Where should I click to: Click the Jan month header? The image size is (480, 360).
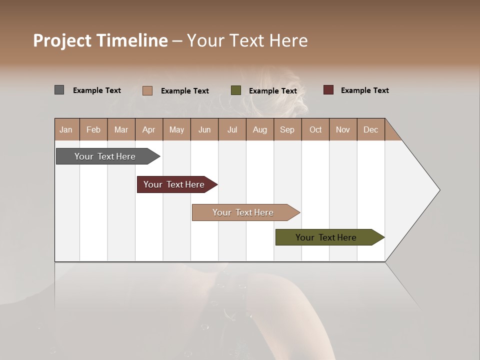66,129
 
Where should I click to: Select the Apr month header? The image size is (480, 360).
149,129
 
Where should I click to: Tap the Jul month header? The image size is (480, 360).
232,129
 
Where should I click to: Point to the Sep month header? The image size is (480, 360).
287,129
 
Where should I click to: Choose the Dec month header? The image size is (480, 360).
370,129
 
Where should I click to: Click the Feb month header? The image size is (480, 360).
93,129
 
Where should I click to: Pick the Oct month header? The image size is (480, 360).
315,129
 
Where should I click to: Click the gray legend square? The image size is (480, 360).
59,90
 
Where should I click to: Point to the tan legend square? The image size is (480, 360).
147,90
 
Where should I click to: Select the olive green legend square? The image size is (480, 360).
236,90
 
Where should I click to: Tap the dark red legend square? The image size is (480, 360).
328,90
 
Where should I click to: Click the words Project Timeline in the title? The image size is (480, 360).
100,40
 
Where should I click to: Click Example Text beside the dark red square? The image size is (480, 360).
364,90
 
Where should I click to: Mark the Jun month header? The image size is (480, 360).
204,129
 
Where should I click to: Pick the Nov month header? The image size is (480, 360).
343,129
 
